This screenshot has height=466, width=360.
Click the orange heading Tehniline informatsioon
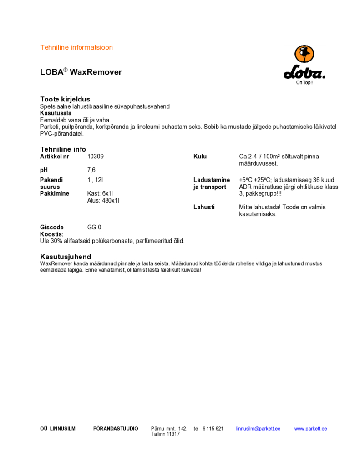point(76,47)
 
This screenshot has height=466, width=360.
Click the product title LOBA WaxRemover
point(81,72)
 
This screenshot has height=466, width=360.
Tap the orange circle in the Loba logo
point(304,54)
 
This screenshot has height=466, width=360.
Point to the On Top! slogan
point(304,83)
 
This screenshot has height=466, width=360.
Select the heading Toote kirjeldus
point(65,99)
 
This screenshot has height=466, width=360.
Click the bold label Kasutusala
point(56,113)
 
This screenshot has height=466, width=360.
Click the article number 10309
point(96,157)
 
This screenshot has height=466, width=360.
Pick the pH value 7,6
point(91,170)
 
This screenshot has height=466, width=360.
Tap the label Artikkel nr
point(55,157)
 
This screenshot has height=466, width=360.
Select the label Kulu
point(200,157)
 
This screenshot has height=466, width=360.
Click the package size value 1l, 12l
point(96,180)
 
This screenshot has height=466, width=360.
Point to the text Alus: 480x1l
point(103,201)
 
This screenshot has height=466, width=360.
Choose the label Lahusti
point(204,207)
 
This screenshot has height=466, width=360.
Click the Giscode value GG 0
point(94,227)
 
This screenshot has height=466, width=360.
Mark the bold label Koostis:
point(51,234)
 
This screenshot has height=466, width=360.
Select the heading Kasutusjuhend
point(66,257)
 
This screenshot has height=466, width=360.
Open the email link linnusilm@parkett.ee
point(258,429)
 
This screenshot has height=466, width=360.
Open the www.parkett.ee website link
point(310,429)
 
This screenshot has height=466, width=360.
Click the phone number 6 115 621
point(213,429)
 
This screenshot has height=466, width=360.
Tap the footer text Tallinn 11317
point(166,434)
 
